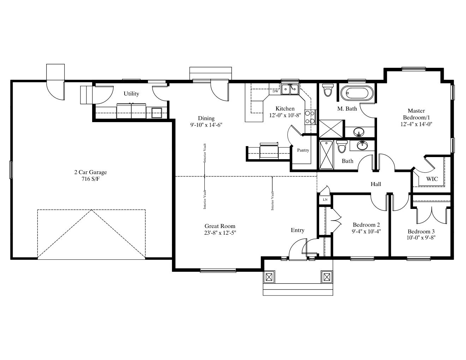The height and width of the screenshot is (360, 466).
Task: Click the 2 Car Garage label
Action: (90, 172)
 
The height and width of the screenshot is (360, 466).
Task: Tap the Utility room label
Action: (131, 94)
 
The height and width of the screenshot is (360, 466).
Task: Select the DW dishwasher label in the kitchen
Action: (275, 91)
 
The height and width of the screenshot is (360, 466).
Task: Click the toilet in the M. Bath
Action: (328, 90)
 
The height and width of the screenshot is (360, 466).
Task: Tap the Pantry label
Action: (303, 150)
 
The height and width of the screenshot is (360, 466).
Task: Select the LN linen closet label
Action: (325, 200)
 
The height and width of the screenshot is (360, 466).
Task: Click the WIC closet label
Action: (432, 179)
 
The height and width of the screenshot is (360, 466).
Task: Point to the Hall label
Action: (376, 184)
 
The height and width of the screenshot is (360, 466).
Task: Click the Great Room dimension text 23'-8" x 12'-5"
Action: (220, 233)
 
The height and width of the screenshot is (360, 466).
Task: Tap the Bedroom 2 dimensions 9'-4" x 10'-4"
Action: (366, 231)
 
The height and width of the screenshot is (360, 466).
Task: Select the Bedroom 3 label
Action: (421, 231)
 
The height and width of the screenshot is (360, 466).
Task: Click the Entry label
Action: (298, 230)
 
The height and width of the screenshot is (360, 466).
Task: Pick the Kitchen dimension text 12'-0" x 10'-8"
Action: (285, 115)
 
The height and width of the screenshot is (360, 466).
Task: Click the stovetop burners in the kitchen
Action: (310, 117)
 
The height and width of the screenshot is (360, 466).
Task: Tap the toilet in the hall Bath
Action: (342, 146)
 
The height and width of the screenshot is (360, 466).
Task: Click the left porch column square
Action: (269, 277)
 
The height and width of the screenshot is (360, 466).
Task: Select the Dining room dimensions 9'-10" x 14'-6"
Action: (206, 125)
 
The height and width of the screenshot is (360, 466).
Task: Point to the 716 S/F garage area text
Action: (90, 179)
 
